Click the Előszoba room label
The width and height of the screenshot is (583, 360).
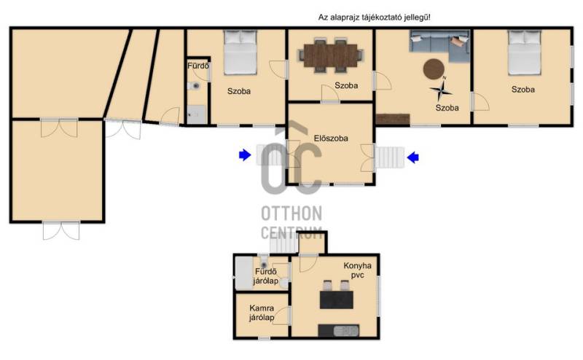coord(331,138)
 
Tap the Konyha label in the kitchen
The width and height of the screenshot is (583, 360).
coord(357,266)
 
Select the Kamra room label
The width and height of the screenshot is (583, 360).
coord(262,308)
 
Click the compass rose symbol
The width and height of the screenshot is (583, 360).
coord(441,90)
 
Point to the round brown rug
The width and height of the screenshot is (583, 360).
coord(434,69)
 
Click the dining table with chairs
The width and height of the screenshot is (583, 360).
coord(331,55)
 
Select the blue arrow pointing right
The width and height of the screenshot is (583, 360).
coord(245,154)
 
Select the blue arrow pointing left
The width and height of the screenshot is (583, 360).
coord(413,157)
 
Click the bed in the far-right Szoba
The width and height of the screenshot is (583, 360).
coord(524,52)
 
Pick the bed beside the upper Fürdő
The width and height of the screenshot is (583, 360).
coord(240,52)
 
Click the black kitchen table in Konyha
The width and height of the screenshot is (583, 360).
coord(337,300)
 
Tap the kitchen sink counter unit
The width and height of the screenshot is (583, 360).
coord(338,330)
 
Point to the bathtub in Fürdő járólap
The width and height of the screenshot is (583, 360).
coord(244,273)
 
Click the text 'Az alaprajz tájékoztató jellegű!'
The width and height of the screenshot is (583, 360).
coord(375,17)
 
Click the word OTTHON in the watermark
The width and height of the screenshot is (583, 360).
coord(291,214)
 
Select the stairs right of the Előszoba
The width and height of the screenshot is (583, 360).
coord(389,157)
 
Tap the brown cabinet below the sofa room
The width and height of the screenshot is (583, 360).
coord(393,119)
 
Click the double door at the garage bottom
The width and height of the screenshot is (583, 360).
coord(61,230)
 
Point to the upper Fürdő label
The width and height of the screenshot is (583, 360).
coord(198,66)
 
